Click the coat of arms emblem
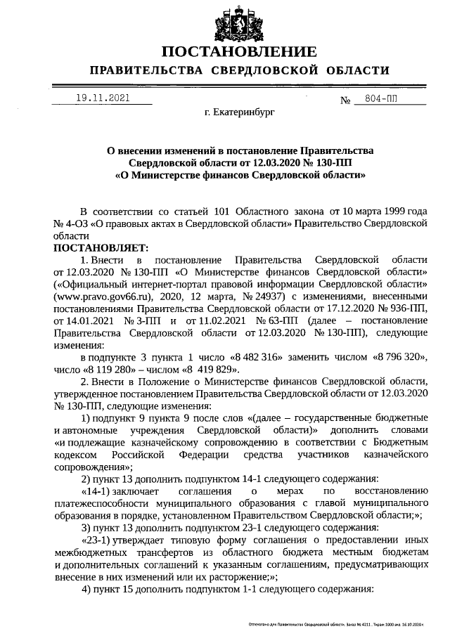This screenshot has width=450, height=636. pyautogui.click(x=237, y=24)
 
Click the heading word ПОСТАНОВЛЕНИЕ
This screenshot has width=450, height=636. pyautogui.click(x=238, y=53)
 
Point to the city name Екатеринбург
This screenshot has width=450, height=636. pyautogui.click(x=239, y=112)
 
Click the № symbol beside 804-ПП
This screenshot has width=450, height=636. pyautogui.click(x=345, y=100)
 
